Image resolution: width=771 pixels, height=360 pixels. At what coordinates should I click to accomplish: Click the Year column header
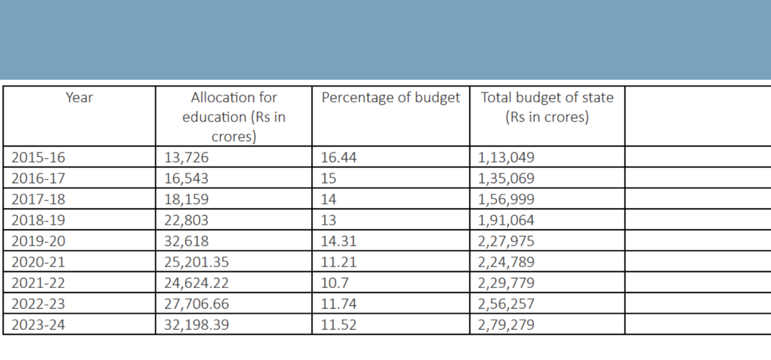[x=79, y=98]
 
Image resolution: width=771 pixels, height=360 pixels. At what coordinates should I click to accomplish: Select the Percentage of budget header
[x=391, y=98]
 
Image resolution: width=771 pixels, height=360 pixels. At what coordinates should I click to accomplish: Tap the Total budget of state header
[x=547, y=108]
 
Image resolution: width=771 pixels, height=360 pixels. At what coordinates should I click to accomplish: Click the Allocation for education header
[x=234, y=117]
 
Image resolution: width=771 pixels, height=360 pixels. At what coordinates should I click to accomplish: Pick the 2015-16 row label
[x=39, y=157]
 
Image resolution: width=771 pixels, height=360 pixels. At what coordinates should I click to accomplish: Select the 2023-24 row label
[x=39, y=324]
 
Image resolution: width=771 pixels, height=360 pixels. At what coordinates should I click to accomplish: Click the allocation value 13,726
[x=187, y=157]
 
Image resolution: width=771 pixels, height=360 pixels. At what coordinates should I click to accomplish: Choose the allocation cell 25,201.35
[x=198, y=262]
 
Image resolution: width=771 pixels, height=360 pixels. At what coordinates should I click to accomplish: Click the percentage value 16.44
[x=338, y=157]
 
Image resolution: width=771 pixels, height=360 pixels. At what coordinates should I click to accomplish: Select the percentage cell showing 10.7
[x=333, y=282]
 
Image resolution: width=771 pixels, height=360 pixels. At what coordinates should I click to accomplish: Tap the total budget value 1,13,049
[x=506, y=157]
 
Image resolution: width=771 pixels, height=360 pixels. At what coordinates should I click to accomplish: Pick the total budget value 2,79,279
[x=506, y=324]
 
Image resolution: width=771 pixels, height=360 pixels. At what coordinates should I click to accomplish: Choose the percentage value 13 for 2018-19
[x=328, y=220]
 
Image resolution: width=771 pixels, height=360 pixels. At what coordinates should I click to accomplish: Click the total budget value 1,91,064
[x=506, y=220]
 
